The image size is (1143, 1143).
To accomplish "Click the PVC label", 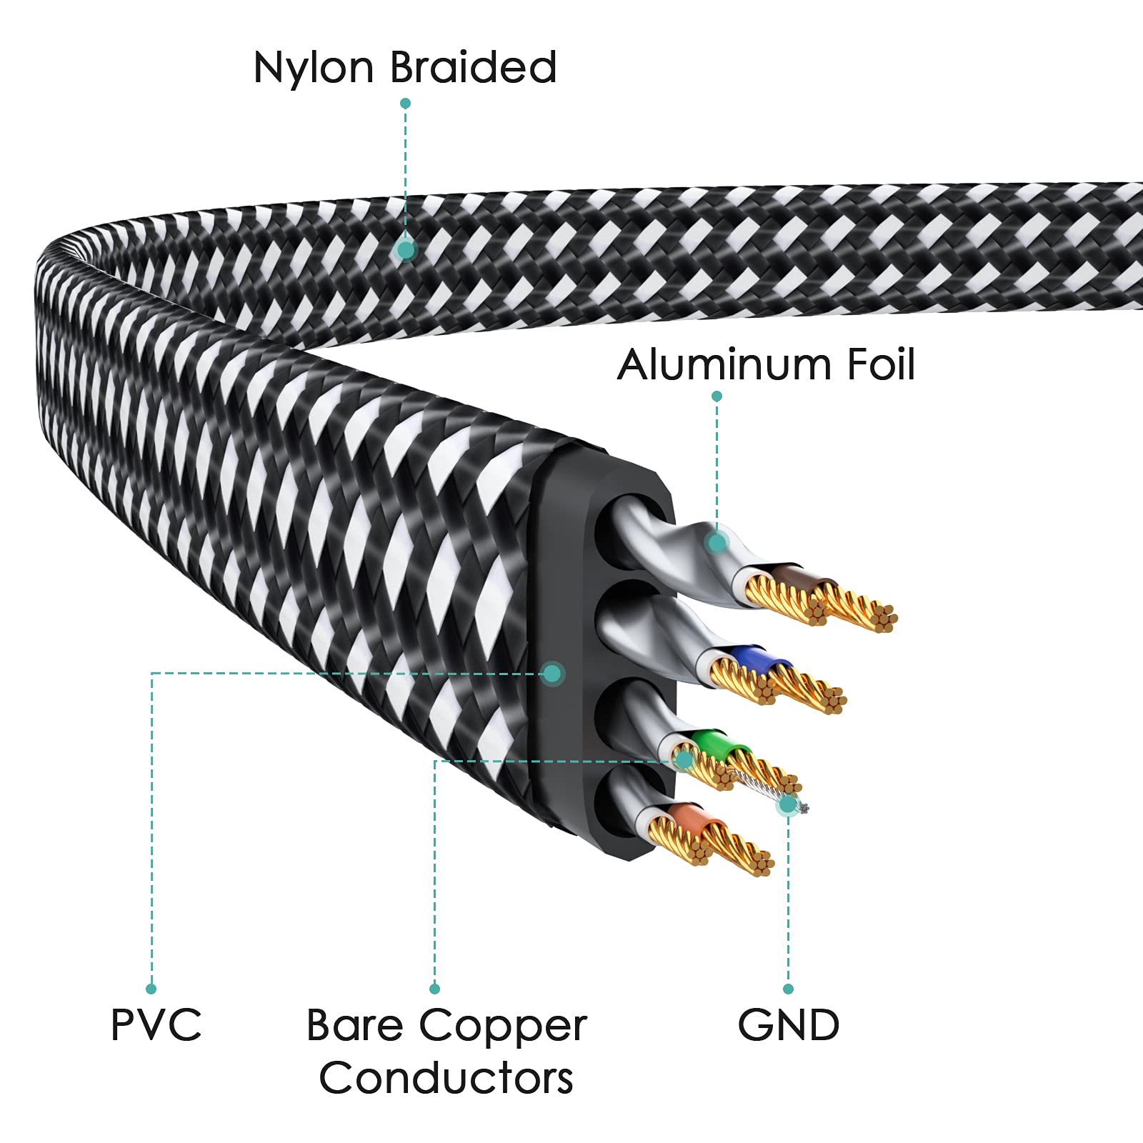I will click(156, 1025).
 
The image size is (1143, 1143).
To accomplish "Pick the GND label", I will click(789, 1025).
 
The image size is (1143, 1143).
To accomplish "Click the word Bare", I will click(354, 1026).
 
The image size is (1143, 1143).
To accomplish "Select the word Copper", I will click(503, 1027).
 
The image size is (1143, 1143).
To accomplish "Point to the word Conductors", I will click(446, 1078).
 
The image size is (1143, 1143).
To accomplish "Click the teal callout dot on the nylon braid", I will click(406, 250).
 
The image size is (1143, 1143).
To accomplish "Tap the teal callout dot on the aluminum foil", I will click(717, 543).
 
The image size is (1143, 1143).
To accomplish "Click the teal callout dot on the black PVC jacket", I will click(551, 673).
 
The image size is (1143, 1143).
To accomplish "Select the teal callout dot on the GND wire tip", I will click(788, 805).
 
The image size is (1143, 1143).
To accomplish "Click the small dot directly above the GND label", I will click(788, 989).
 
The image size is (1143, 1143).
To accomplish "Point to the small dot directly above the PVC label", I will click(151, 989).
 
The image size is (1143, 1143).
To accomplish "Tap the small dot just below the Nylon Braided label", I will click(405, 104).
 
